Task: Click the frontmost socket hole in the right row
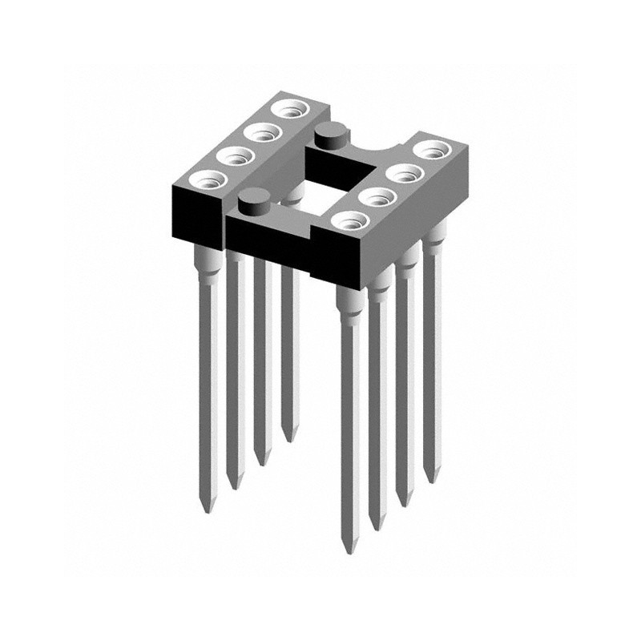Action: (x=350, y=218)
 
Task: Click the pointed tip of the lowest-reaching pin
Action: (x=347, y=551)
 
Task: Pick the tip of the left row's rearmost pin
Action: (x=288, y=439)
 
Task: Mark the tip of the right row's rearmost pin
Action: (x=433, y=482)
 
